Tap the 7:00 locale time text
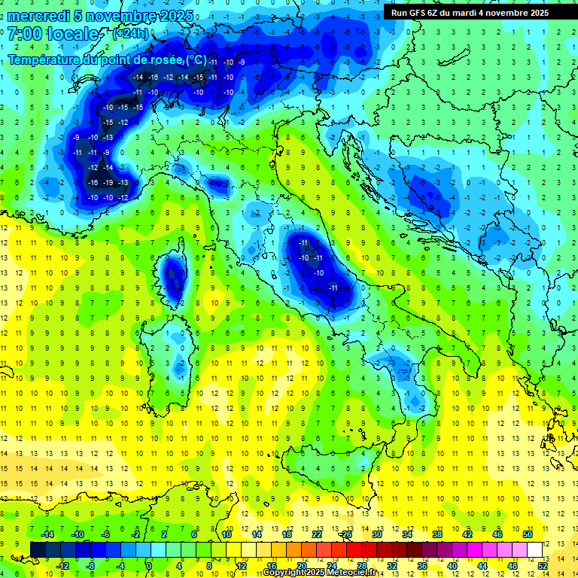coord(53,34)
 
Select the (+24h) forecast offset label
coord(130,34)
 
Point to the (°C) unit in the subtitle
coord(196,59)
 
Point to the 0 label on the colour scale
coord(149,566)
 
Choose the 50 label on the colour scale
coord(528,534)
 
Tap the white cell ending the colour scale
coord(535,549)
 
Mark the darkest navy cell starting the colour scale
coord(38,549)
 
